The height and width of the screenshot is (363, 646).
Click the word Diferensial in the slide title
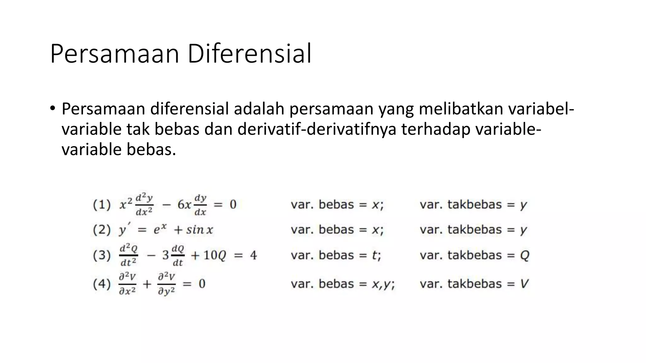[250, 54]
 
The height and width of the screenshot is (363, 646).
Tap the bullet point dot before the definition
[52, 109]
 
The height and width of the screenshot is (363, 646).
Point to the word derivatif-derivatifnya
[317, 129]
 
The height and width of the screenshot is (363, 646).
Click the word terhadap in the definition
[436, 129]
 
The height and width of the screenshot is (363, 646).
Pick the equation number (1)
[102, 205]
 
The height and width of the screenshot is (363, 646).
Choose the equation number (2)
[102, 230]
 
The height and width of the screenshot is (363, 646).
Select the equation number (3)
[102, 255]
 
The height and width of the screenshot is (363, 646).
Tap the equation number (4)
[102, 284]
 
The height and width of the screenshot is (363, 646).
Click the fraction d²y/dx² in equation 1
[144, 205]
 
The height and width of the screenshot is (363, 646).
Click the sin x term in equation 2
[199, 230]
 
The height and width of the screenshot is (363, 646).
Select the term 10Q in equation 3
[215, 255]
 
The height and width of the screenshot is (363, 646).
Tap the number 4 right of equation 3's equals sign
[253, 255]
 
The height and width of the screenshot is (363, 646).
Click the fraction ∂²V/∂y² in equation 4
[167, 284]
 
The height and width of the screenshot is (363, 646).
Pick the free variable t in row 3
[375, 255]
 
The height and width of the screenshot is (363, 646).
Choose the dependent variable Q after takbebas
[524, 255]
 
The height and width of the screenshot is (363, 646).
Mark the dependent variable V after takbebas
[524, 284]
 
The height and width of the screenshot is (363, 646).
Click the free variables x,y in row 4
[382, 284]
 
